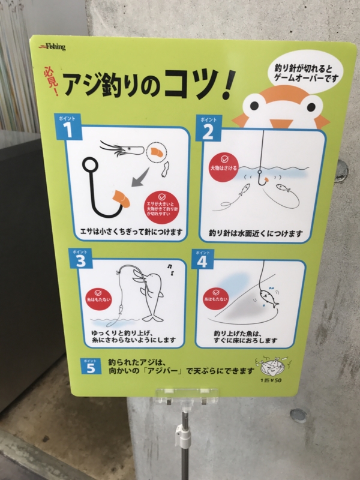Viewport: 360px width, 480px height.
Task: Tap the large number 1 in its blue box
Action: (x=68, y=128)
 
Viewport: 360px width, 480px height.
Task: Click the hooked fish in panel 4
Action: (x=267, y=297)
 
